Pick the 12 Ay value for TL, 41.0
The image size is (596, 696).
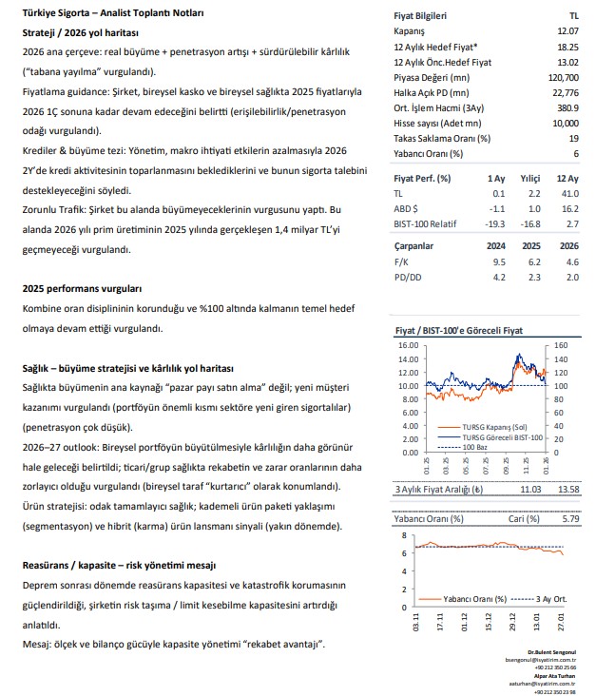point(568,193)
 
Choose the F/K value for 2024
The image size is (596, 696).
point(494,261)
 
